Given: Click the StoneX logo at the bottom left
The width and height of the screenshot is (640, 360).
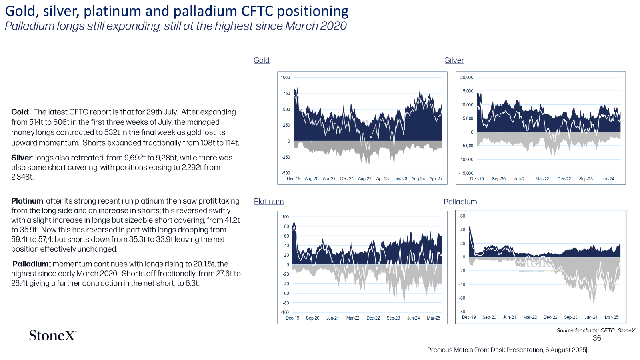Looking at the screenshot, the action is click(x=52, y=336).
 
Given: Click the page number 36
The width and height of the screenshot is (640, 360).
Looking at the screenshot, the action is click(x=597, y=338).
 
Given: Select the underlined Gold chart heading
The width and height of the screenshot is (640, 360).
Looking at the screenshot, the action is click(x=262, y=60).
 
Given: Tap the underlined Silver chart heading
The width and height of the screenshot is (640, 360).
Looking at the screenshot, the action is click(x=454, y=60).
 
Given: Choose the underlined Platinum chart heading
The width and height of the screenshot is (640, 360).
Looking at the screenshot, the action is click(x=269, y=202).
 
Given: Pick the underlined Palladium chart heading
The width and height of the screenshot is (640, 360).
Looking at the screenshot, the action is click(x=460, y=202).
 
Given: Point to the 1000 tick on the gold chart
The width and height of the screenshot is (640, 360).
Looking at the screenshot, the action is click(x=286, y=78).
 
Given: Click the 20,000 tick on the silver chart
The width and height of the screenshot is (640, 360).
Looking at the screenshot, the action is click(x=467, y=78).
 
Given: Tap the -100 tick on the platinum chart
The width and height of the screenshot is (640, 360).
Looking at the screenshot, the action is click(x=285, y=312).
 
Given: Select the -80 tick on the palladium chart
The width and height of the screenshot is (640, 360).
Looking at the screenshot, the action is click(x=462, y=312).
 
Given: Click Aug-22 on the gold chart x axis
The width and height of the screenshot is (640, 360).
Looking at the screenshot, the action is click(x=364, y=179).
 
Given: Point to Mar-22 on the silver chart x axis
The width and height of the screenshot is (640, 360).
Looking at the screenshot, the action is click(x=542, y=179).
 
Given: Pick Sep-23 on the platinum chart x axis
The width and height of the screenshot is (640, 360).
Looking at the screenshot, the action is click(x=393, y=318).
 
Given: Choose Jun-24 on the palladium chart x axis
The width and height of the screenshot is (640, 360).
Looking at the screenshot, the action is click(x=591, y=317).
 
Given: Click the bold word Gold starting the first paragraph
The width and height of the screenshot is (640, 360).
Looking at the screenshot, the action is click(x=20, y=112).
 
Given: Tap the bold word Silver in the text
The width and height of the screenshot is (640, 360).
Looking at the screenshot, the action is click(x=22, y=158).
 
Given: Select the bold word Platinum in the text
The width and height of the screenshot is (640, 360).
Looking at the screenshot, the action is click(x=27, y=201).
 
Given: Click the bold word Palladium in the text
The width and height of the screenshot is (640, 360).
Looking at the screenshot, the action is click(x=30, y=264).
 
